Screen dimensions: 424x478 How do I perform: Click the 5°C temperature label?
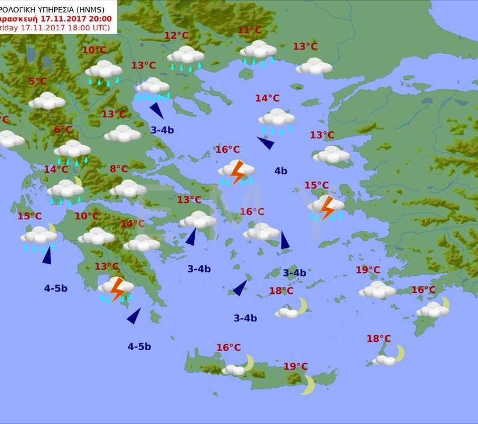[37, 82]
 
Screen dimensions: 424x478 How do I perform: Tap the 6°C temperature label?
[63, 129]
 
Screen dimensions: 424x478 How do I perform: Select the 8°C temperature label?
[118, 169]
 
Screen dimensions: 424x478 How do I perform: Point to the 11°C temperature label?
[249, 30]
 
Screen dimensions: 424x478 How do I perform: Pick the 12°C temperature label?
[176, 36]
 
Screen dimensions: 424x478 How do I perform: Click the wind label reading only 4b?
[280, 171]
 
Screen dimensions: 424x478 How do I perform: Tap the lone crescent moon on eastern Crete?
[308, 384]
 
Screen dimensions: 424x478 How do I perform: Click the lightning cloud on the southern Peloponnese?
[116, 288]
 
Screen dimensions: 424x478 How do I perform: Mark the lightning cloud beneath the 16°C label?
[236, 171]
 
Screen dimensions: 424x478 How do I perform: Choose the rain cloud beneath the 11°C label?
[258, 51]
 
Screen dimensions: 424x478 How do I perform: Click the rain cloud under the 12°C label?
[186, 57]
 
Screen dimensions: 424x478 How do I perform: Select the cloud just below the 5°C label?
[47, 101]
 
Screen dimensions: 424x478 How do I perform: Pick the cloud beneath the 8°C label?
[128, 188]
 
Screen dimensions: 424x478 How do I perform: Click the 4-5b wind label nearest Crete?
[139, 346]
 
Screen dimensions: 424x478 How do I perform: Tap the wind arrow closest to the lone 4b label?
[266, 142]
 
